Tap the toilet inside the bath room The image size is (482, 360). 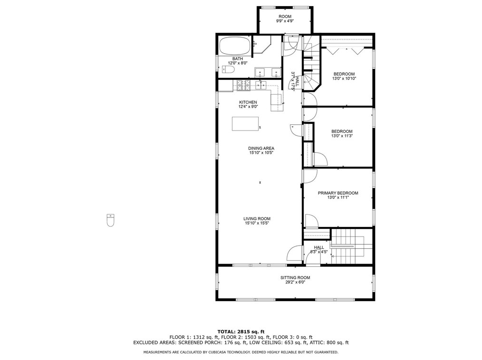(x=228, y=70)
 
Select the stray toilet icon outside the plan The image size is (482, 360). (x=110, y=220)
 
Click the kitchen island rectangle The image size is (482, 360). (x=245, y=123)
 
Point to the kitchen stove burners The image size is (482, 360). (x=243, y=85)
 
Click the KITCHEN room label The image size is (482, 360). (x=248, y=102)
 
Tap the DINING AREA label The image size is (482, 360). (x=261, y=148)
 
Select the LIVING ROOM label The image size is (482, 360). (x=257, y=219)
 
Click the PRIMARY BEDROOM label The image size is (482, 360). (x=338, y=193)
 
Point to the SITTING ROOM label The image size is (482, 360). (x=295, y=278)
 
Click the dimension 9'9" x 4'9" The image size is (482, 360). (x=285, y=21)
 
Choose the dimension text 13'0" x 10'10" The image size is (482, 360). (x=344, y=79)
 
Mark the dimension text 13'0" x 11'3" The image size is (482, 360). (x=342, y=136)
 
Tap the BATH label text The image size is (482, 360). (x=238, y=59)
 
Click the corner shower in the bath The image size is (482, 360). (x=261, y=44)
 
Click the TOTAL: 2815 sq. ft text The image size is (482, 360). (x=241, y=332)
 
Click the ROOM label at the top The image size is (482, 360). (x=285, y=17)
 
